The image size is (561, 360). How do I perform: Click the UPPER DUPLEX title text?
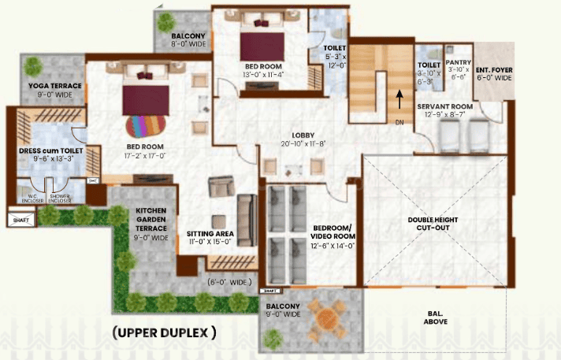click(x=164, y=332)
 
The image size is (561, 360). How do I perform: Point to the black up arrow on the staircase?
click(x=400, y=98)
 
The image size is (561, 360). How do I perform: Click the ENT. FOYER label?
click(x=493, y=69)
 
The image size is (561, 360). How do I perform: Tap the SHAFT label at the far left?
click(x=21, y=221)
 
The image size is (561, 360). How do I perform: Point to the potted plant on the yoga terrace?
click(x=32, y=66)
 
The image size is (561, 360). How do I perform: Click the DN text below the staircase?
click(x=398, y=123)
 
